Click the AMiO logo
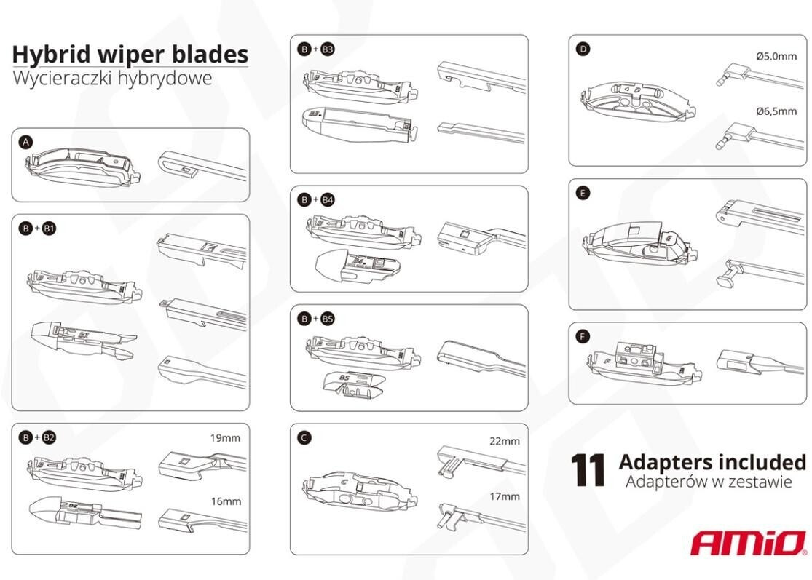[749, 543]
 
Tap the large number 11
[588, 470]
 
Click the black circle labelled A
[25, 143]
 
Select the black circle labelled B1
[49, 228]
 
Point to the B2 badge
[49, 437]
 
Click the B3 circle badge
[327, 49]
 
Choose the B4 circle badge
[327, 199]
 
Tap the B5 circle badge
[327, 319]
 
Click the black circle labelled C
[304, 437]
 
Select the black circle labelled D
[583, 49]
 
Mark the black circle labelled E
[583, 193]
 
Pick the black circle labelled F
[583, 337]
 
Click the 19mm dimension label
[225, 438]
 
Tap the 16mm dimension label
[226, 501]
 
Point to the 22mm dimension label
[505, 441]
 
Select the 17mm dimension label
[505, 497]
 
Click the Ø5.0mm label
[776, 56]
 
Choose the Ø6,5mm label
[776, 111]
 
